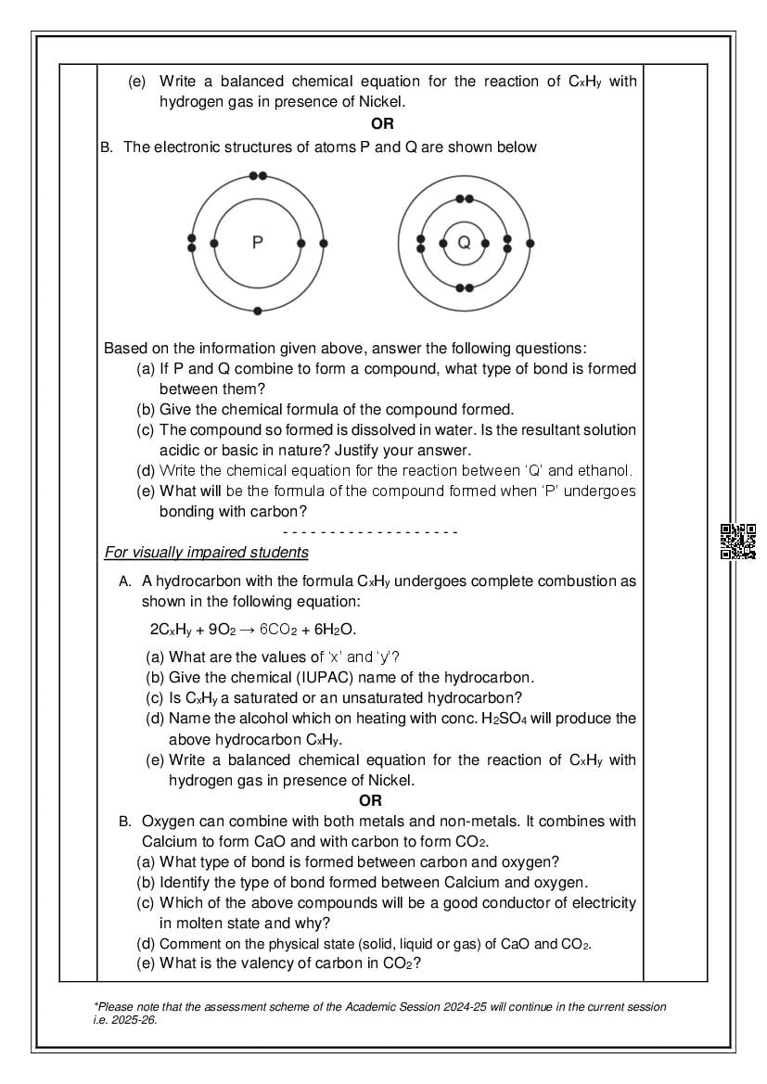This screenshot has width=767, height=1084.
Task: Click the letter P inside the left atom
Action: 258,243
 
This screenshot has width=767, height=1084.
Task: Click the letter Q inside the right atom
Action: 465,243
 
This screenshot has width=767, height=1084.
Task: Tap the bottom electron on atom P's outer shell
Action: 258,310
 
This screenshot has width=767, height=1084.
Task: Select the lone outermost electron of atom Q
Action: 530,243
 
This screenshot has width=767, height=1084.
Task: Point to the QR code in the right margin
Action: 737,542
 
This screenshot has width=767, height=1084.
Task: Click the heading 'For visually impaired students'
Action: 206,553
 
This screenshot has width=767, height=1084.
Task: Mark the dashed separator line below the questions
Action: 370,532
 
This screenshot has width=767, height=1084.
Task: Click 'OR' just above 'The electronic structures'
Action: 382,123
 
